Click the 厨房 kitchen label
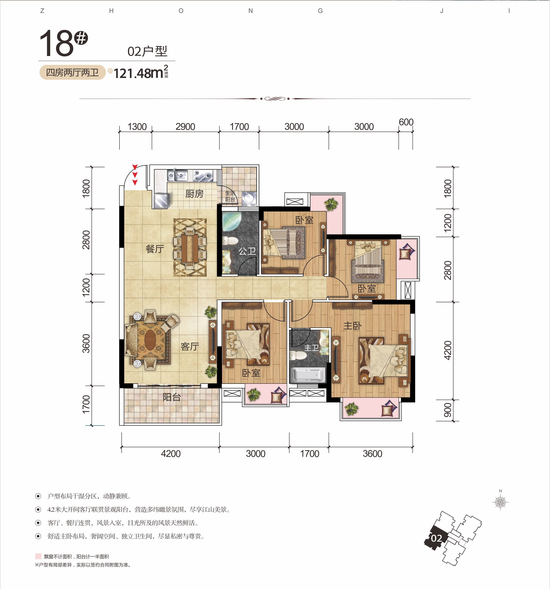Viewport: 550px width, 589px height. (x=194, y=194)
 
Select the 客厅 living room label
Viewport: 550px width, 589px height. (x=190, y=346)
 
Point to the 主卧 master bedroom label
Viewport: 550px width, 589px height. (x=352, y=326)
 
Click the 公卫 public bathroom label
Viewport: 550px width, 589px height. (x=247, y=251)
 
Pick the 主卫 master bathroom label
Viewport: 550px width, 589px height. (x=311, y=348)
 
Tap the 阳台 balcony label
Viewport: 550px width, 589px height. (x=172, y=397)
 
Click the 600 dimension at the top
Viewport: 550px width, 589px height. (x=406, y=122)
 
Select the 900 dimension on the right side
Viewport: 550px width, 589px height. (x=447, y=410)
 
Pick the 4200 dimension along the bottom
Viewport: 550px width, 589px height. (x=171, y=454)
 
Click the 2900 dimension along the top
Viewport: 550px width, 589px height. (x=185, y=127)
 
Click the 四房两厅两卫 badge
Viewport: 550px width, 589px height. (x=72, y=72)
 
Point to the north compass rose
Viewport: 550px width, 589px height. (x=500, y=502)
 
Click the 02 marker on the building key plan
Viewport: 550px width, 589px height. (x=436, y=538)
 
